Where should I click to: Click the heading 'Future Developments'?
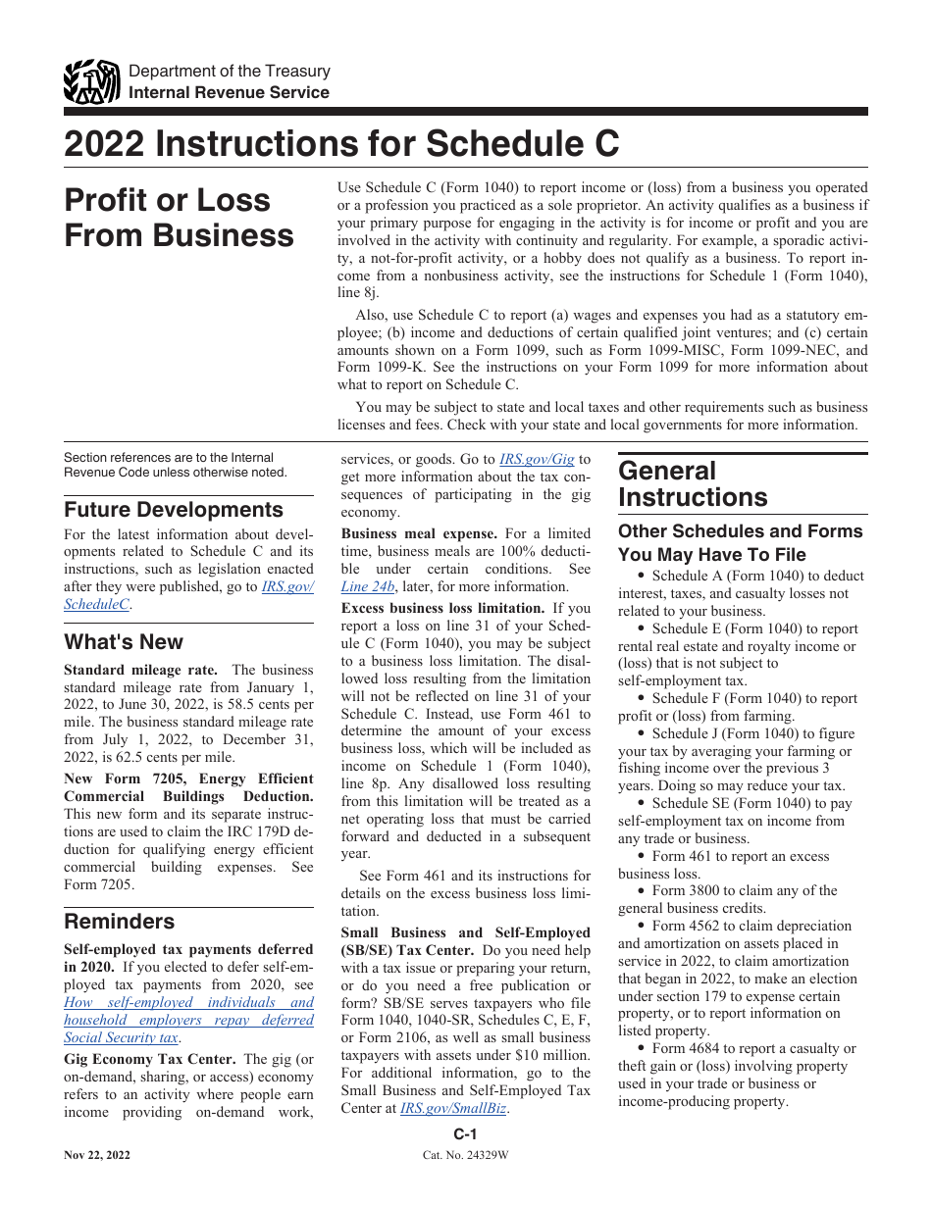coord(174,510)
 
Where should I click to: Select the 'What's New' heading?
coord(124,642)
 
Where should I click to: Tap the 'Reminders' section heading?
coord(120,922)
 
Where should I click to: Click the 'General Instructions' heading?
coord(693,484)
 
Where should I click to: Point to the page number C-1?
coord(465,1134)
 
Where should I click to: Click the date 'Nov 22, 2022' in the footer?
coord(97,1155)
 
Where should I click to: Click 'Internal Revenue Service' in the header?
coord(230,92)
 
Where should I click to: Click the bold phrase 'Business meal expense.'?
coord(419,534)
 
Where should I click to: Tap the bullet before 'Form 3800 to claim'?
coord(641,891)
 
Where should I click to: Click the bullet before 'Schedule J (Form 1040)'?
coord(641,734)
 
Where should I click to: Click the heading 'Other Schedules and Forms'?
coord(741,531)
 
